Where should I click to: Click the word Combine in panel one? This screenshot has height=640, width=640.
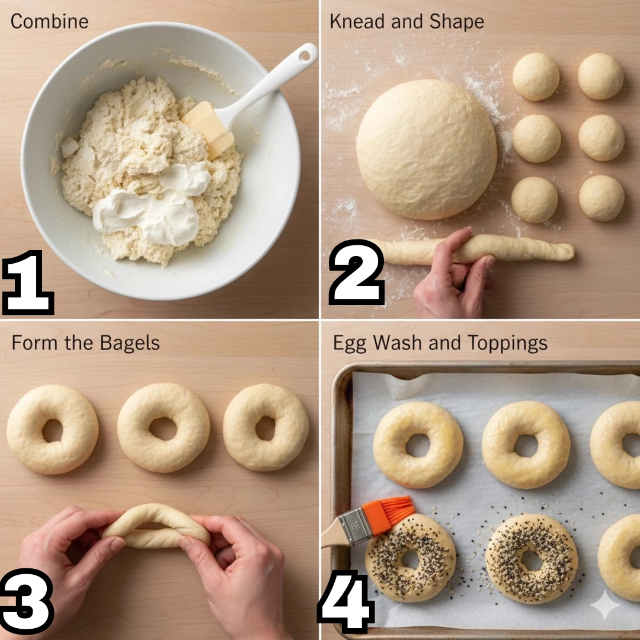[x=49, y=21]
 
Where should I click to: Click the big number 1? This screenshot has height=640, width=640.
[x=28, y=282]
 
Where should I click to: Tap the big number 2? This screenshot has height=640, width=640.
[x=356, y=272]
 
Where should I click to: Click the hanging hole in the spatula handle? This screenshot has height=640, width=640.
[x=305, y=55]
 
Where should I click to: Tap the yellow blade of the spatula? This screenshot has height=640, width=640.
[x=208, y=129]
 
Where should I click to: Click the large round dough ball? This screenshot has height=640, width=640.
[x=427, y=149]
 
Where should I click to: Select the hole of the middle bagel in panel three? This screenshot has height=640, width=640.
[x=162, y=428]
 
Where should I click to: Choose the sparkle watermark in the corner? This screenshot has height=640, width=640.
[x=605, y=605]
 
